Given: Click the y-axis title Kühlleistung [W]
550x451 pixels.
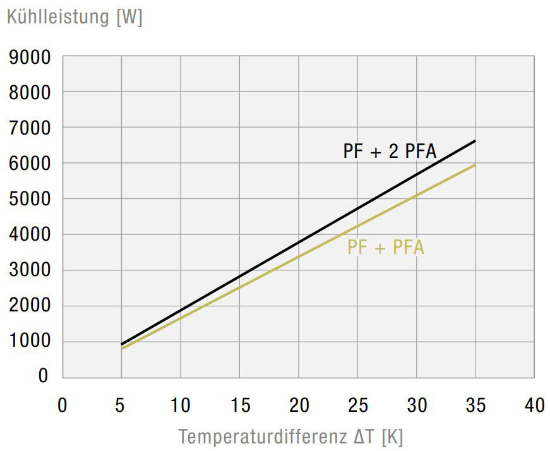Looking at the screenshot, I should click(75, 16).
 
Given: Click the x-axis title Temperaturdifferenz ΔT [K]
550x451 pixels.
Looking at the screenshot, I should click(290, 436).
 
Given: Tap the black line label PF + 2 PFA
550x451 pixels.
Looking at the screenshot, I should click(390, 152).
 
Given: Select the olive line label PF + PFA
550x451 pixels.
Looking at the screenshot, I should click(385, 248).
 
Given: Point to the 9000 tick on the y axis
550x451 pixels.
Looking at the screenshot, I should click(29, 58).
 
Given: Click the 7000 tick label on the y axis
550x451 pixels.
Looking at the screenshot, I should click(29, 129).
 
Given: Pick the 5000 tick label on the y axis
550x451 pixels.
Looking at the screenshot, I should click(29, 200).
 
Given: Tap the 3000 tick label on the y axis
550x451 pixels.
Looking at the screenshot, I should click(29, 271).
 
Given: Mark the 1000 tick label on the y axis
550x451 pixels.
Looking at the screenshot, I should click(29, 342).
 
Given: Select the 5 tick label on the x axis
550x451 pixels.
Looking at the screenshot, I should click(121, 405).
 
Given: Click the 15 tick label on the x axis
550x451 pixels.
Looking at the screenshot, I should click(240, 405).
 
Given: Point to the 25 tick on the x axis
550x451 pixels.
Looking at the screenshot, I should click(357, 405).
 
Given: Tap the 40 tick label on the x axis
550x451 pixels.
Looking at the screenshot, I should click(534, 405).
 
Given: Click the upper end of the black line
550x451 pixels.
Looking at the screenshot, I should click(474, 141).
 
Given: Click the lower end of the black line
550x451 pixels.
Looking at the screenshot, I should click(122, 344).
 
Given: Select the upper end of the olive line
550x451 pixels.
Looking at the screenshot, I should click(474, 165).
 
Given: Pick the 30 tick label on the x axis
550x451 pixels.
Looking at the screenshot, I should click(417, 405).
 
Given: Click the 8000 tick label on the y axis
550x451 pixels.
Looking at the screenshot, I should click(29, 93).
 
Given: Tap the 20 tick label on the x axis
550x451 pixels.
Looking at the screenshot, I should click(299, 405).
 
